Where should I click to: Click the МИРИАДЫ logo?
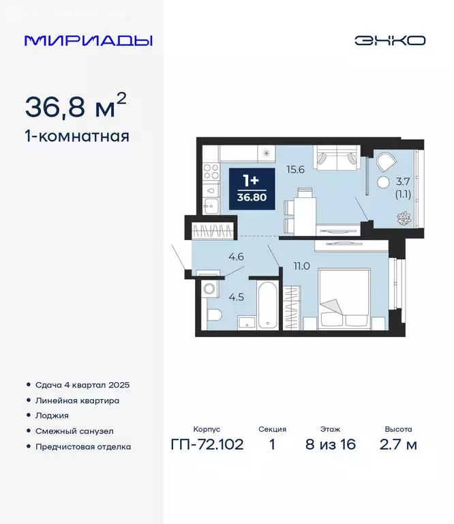pos(88,40)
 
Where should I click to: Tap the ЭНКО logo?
pos(389,40)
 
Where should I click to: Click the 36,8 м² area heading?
pos(75,106)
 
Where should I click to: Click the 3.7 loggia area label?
pos(403,181)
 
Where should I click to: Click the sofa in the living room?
pos(335,158)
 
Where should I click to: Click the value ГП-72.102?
pos(207,446)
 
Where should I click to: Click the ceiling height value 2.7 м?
pos(399,446)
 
